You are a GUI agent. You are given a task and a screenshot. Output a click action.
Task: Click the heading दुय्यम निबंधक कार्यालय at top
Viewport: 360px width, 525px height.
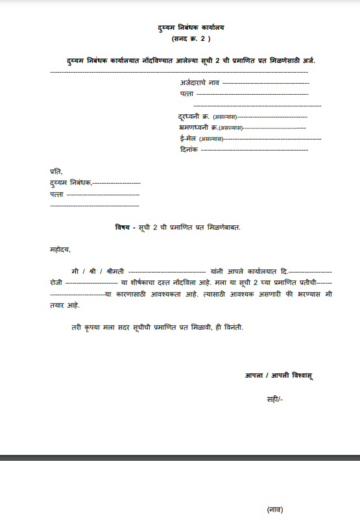[x=191, y=28]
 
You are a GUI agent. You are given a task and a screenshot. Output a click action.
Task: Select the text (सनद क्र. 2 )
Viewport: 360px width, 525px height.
[x=191, y=39]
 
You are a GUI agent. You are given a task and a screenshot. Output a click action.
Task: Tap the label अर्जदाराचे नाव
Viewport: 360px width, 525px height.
[x=200, y=83]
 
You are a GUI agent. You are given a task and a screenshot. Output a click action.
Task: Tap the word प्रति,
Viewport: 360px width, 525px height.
[x=56, y=171]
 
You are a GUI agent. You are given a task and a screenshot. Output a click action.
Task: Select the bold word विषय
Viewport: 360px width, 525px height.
[x=123, y=226]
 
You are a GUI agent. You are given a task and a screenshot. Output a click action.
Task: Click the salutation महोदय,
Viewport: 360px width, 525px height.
[x=60, y=249]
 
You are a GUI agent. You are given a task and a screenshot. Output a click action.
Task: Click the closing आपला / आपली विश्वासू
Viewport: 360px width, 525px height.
[x=279, y=375]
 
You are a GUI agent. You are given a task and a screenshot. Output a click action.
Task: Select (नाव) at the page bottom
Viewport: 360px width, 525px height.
[x=275, y=509]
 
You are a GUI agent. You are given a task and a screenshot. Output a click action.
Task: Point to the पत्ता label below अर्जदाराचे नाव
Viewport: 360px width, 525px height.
[x=187, y=94]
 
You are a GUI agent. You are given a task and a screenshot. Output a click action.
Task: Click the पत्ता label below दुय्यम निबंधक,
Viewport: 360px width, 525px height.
[x=56, y=194]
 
